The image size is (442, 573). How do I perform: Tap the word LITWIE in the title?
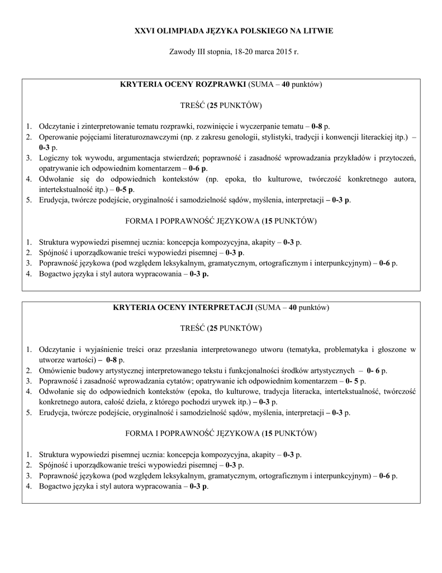317,30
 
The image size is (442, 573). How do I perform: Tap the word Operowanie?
58,137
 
